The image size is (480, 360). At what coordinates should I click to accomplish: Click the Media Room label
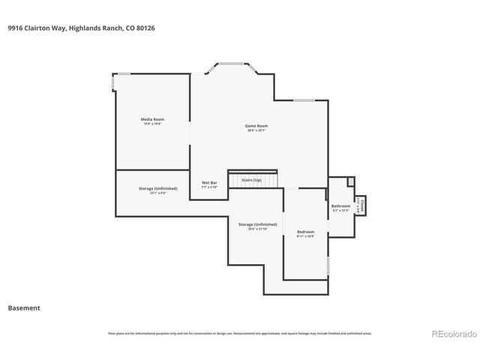click(x=153, y=119)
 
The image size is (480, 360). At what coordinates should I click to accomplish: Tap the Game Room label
click(x=256, y=125)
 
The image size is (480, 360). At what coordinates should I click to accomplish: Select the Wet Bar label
click(x=209, y=182)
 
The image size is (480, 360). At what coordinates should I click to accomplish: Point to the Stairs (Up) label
click(x=251, y=180)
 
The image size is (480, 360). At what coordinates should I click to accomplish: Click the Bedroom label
click(x=305, y=232)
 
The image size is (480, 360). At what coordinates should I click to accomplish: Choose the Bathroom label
click(x=341, y=205)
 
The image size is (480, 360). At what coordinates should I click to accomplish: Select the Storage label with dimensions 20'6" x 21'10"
click(x=257, y=224)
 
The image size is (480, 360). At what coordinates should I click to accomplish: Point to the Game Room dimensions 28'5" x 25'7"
click(x=256, y=130)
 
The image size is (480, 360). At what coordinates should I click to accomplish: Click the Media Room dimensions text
click(x=153, y=124)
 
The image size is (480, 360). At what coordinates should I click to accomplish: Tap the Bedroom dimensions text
click(x=305, y=236)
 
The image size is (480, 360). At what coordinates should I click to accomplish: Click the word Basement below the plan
click(x=24, y=307)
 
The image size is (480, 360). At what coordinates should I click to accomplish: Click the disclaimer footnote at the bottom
click(x=240, y=333)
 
